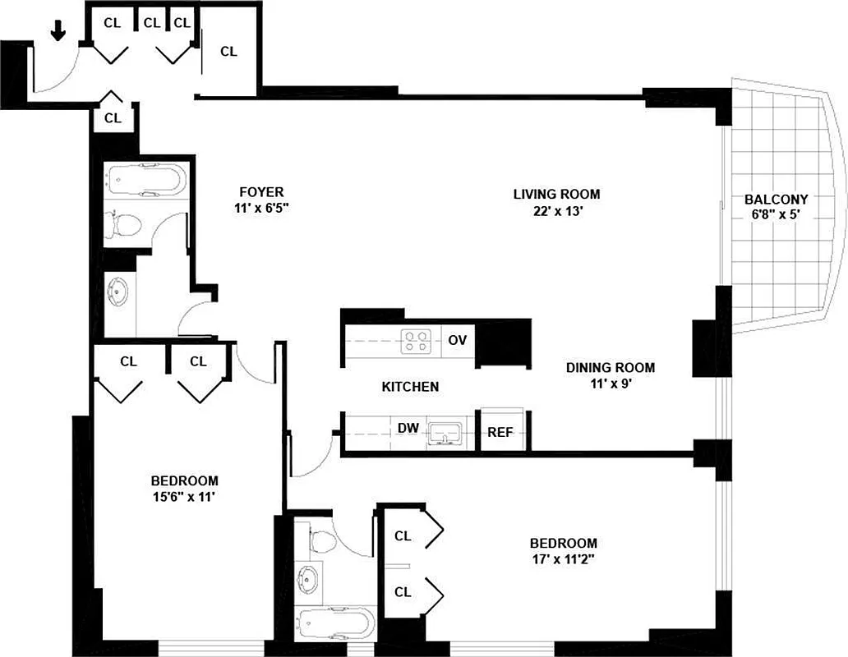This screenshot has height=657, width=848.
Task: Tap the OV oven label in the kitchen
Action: pyautogui.click(x=458, y=340)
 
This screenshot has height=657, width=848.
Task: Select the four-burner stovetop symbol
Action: pyautogui.click(x=416, y=341)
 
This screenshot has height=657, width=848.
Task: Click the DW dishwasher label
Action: pyautogui.click(x=407, y=428)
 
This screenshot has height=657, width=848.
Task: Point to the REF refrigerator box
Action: pyautogui.click(x=500, y=431)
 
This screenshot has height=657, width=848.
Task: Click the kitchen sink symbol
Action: pyautogui.click(x=447, y=431)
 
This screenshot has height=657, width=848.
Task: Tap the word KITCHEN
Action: pyautogui.click(x=410, y=386)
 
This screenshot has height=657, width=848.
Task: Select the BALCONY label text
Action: pyautogui.click(x=776, y=199)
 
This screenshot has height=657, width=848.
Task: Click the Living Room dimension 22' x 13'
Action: pyautogui.click(x=556, y=210)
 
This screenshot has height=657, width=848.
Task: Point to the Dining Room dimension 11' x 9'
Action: pyautogui.click(x=610, y=383)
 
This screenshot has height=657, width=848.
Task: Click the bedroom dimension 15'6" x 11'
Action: pyautogui.click(x=184, y=496)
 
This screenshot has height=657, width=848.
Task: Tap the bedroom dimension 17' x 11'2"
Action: pyautogui.click(x=563, y=558)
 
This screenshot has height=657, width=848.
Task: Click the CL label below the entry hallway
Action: pyautogui.click(x=113, y=118)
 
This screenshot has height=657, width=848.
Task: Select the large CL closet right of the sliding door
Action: pyautogui.click(x=228, y=51)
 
